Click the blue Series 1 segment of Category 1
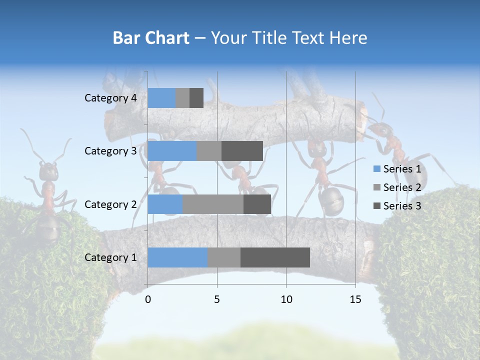(x=177, y=257)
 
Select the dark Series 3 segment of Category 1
(x=275, y=257)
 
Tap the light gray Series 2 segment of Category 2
(x=213, y=204)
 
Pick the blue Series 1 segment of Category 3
(x=172, y=151)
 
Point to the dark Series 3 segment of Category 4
(x=196, y=98)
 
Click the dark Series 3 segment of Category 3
(x=242, y=151)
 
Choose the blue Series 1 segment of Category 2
(x=165, y=204)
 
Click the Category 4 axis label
(x=110, y=98)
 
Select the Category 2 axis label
(x=110, y=204)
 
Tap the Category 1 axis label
(x=110, y=257)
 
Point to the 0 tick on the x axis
(x=148, y=299)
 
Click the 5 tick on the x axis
(x=217, y=299)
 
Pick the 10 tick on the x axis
(x=286, y=299)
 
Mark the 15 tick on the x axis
(x=355, y=299)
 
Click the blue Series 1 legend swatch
(x=377, y=169)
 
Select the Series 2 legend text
(x=402, y=187)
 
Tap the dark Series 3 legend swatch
(x=377, y=206)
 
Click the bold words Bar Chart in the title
(x=151, y=38)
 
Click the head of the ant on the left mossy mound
(x=48, y=171)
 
